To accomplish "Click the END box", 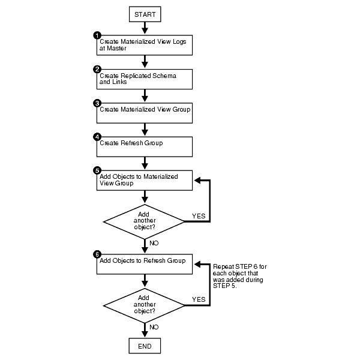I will click(x=145, y=346).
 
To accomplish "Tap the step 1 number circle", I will click(x=97, y=35).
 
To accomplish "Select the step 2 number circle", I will click(x=97, y=70).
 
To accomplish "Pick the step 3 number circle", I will click(x=97, y=103).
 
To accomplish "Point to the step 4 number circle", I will click(x=97, y=137).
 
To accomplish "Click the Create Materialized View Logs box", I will click(x=145, y=45).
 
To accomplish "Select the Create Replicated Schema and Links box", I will click(x=145, y=79).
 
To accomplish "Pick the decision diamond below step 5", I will click(x=145, y=221).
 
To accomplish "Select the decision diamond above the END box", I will click(x=145, y=305).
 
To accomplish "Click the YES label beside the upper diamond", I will click(x=199, y=215).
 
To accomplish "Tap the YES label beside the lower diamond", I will click(x=199, y=299).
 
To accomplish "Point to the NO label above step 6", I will click(x=153, y=244).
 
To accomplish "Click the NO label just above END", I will click(x=153, y=327).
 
